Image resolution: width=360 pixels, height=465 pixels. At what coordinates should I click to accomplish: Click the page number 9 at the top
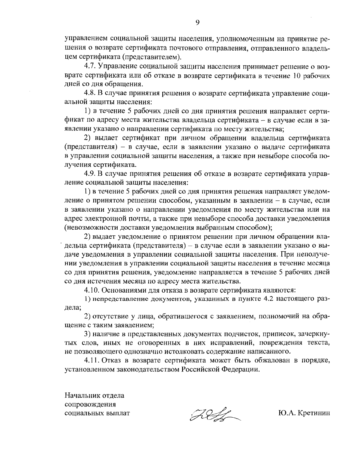(x=197, y=22)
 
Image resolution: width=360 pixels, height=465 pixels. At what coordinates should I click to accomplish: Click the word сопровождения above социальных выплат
(x=90, y=404)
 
